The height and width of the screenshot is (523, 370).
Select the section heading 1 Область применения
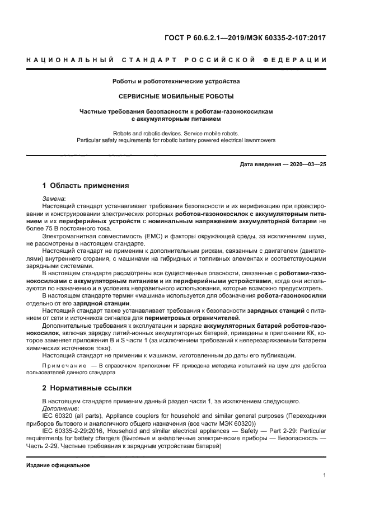click(x=86, y=186)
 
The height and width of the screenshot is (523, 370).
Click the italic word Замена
click(x=53, y=199)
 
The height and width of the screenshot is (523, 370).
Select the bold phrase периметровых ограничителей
click(x=200, y=317)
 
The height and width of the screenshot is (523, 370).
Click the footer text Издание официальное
click(x=58, y=465)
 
